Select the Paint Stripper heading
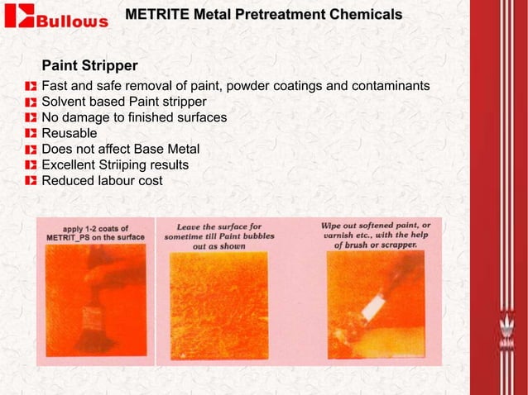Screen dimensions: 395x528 [89, 64]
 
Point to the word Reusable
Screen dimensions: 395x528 [69, 133]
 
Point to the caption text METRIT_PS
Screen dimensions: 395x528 [78, 237]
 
